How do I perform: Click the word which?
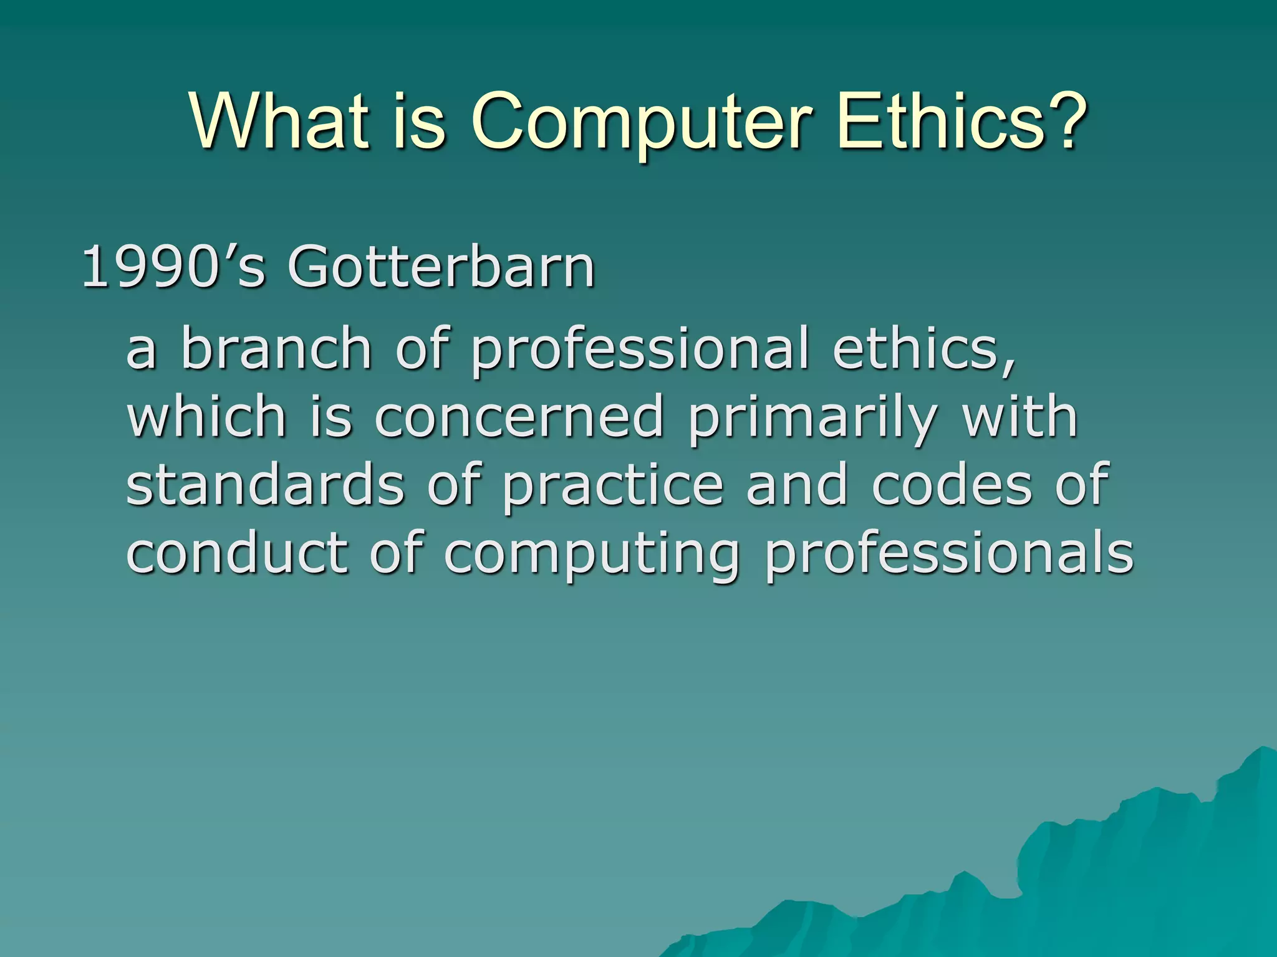[206, 416]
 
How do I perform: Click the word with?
[1020, 416]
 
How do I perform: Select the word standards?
[266, 485]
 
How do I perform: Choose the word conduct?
[237, 552]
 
